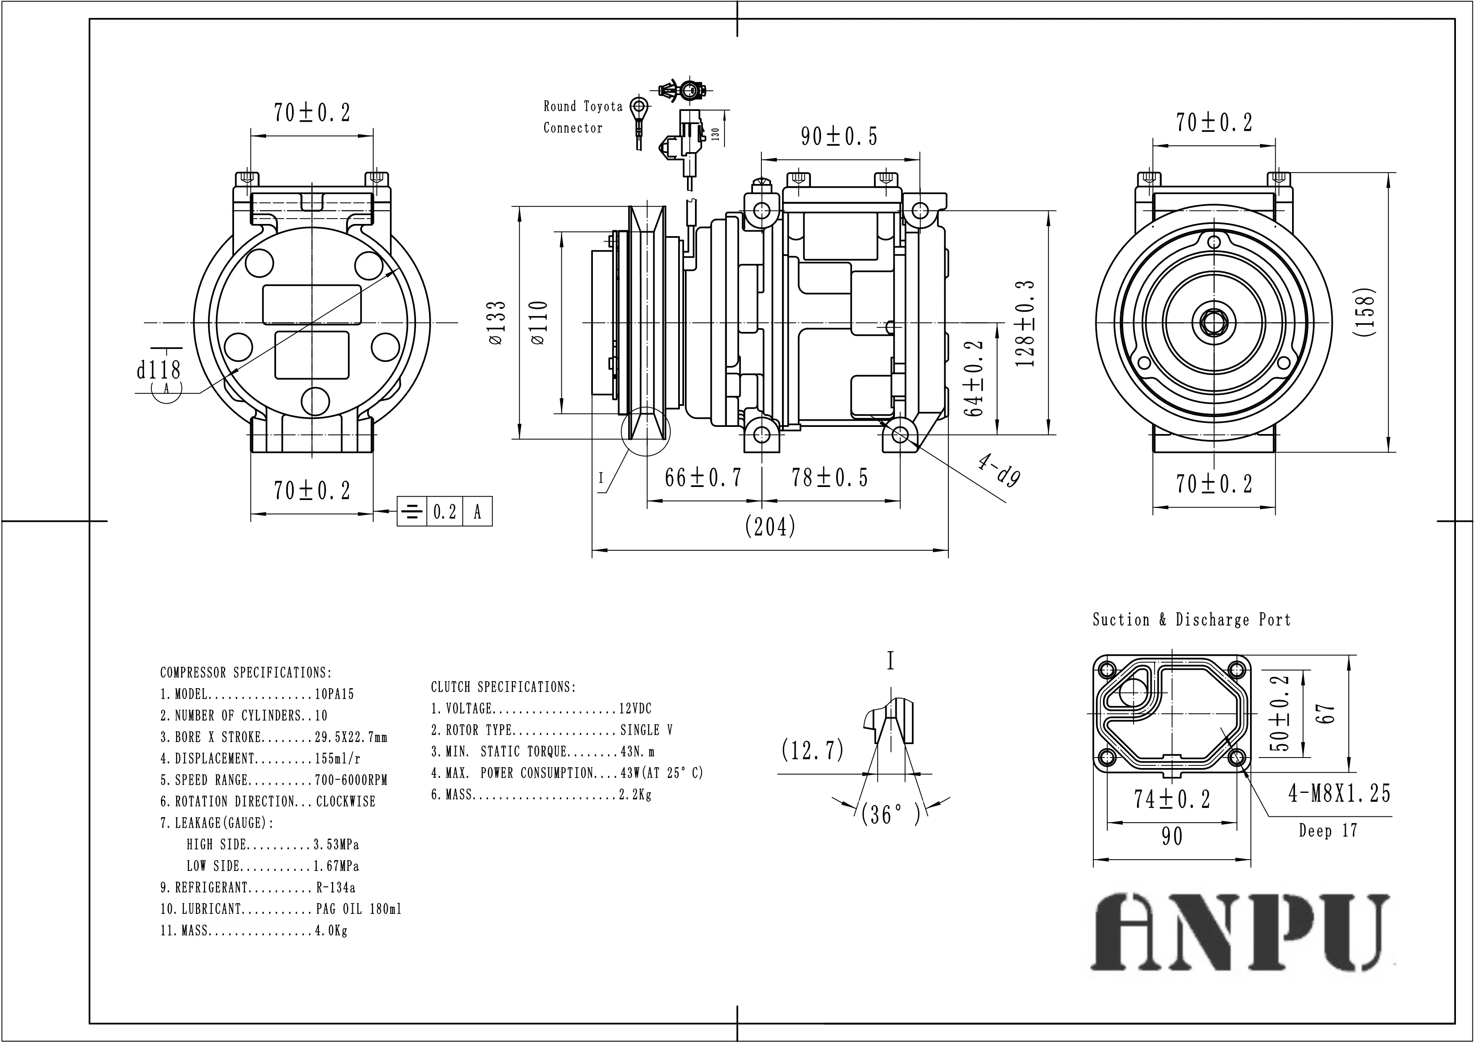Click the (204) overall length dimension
coord(770,527)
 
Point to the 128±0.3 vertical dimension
coord(1025,323)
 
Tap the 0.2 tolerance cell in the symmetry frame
coord(444,512)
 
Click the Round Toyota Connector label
coord(582,117)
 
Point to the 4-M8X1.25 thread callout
coord(1339,794)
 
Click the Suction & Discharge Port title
coord(1191,620)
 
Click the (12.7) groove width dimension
coord(812,750)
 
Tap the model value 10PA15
coord(334,695)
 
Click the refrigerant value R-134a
coord(335,888)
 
